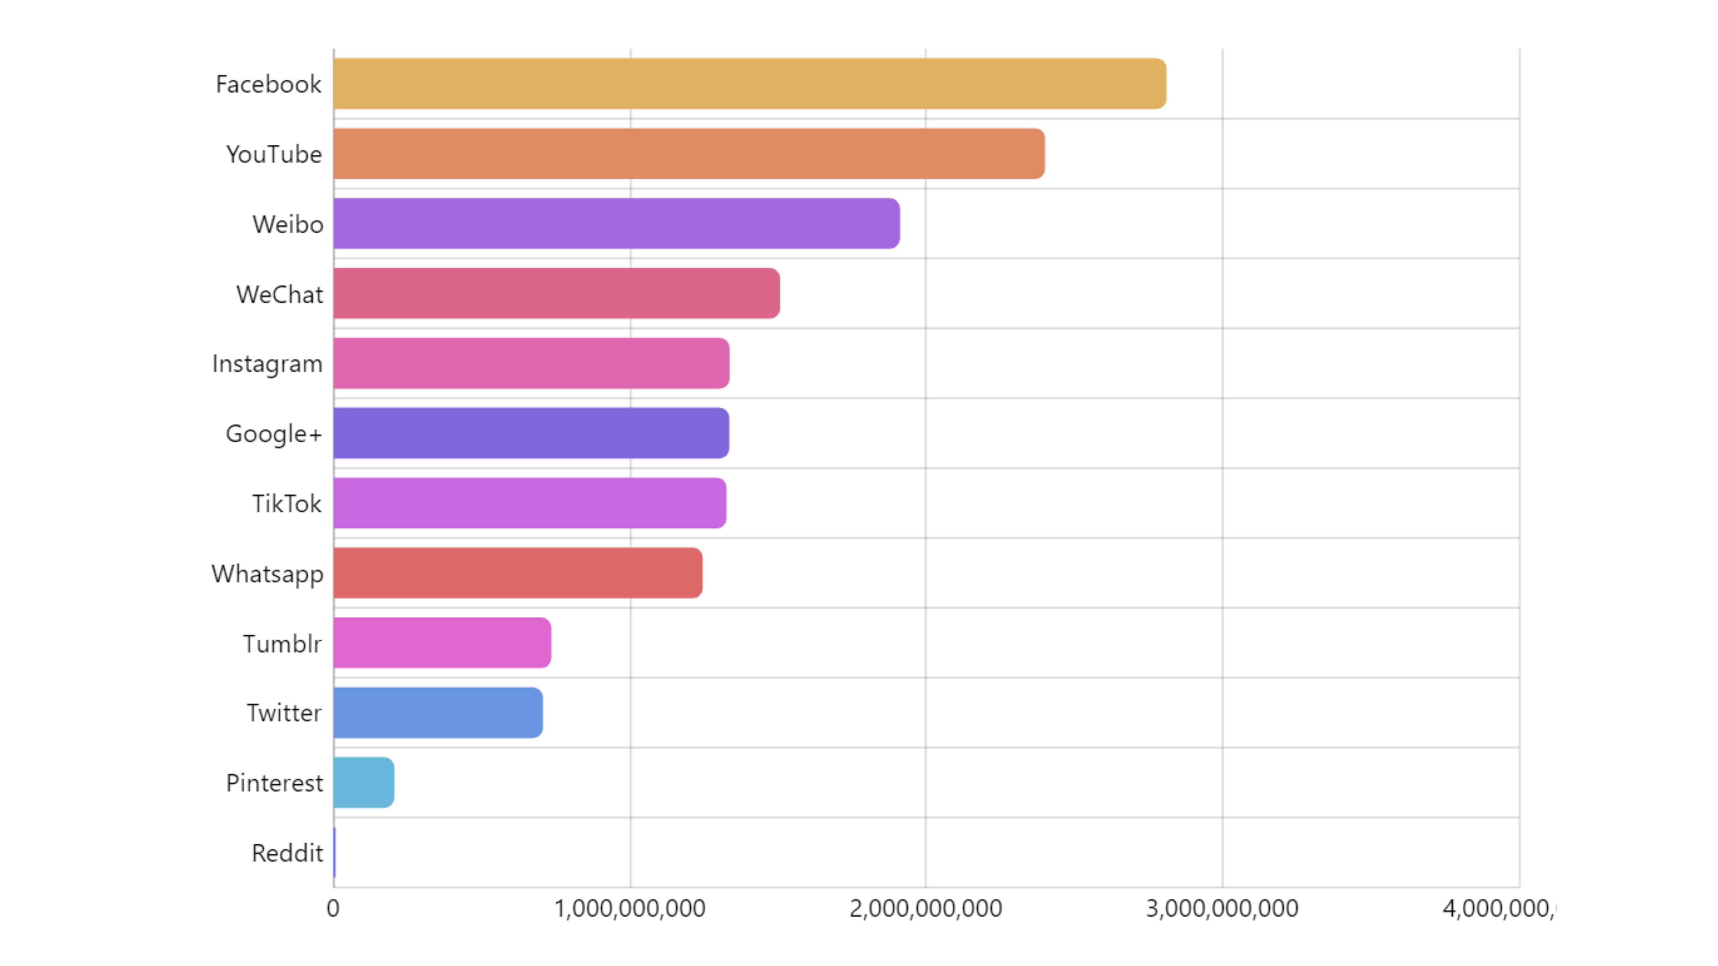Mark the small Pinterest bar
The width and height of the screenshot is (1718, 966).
point(363,783)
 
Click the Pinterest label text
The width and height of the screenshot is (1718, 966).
point(274,783)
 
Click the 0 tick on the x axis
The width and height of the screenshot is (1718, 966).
point(333,909)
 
